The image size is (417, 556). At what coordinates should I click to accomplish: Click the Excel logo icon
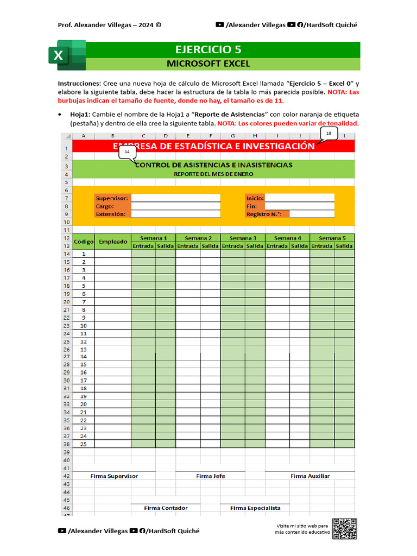[x=67, y=55]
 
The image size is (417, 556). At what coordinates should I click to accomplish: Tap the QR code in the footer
[x=345, y=529]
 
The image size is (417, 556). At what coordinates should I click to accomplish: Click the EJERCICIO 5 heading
[x=208, y=49]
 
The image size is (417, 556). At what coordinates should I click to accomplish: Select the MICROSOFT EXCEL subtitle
[x=208, y=64]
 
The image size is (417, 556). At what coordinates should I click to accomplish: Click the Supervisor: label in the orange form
[x=112, y=198]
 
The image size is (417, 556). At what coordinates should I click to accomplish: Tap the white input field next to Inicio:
[x=299, y=198]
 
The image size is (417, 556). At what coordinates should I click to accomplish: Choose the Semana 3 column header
[x=243, y=238]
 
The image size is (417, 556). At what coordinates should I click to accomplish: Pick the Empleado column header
[x=113, y=242]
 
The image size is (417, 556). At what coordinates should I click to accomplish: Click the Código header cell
[x=84, y=242]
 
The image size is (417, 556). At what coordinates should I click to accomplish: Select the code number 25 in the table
[x=84, y=444]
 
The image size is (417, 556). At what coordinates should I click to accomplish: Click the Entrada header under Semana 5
[x=322, y=246]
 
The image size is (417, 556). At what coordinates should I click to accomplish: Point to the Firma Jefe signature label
[x=211, y=476]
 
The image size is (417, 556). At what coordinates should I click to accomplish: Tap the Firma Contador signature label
[x=166, y=508]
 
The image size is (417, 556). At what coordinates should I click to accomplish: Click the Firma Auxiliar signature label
[x=310, y=476]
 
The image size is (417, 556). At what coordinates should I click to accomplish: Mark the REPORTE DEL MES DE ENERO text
[x=213, y=174]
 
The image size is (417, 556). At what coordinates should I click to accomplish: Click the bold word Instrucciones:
[x=79, y=84]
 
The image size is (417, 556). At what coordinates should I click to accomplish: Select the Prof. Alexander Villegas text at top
[x=109, y=25]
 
